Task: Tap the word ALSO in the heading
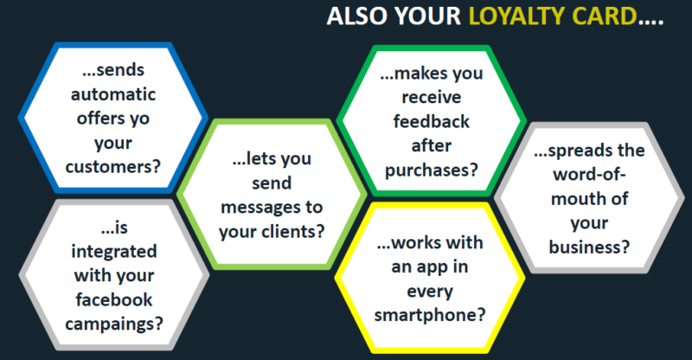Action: (357, 16)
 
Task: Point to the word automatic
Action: (113, 94)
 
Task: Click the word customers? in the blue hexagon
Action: (113, 167)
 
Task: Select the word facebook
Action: (114, 300)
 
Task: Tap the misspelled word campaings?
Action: (114, 325)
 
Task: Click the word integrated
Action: (114, 252)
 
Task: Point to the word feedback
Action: (431, 121)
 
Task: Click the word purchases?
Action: (431, 170)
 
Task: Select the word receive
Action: (431, 97)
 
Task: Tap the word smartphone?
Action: (429, 315)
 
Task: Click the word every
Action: (429, 292)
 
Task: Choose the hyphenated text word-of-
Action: (589, 175)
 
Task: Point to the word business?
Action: (589, 247)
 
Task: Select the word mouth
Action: (577, 199)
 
